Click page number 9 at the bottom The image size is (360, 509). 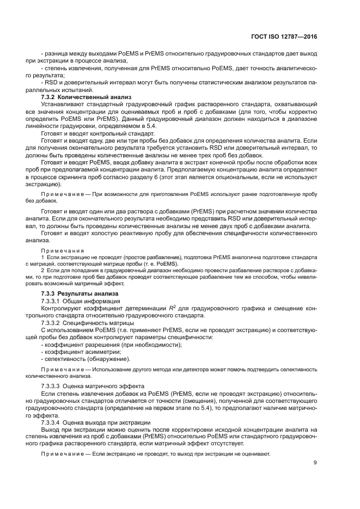click(315, 463)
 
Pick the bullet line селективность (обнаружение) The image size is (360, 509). click(86, 359)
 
